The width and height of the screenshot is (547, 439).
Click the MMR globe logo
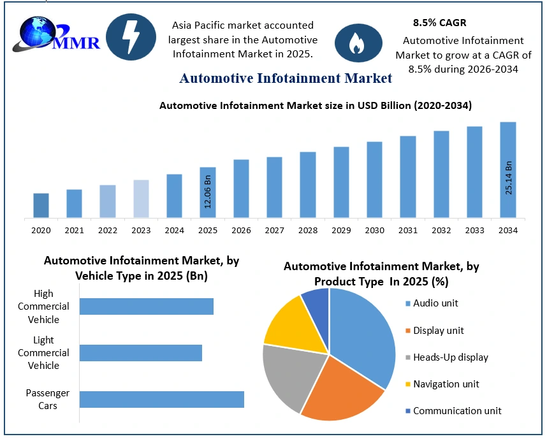tap(56, 34)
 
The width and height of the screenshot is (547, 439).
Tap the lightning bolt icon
tap(131, 36)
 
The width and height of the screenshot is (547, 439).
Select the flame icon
tap(358, 43)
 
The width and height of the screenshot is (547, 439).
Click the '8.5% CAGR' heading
tap(439, 23)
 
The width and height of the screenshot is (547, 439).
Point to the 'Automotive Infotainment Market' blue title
tap(286, 78)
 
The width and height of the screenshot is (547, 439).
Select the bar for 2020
tap(41, 205)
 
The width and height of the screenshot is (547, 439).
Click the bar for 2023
tap(141, 199)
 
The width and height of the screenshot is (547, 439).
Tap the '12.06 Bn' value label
tap(208, 192)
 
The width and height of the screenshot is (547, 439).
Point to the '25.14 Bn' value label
tap(508, 178)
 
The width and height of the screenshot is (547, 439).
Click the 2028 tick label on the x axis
tap(308, 231)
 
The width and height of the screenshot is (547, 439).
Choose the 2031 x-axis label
tap(408, 231)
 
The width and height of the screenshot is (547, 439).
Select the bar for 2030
tap(375, 180)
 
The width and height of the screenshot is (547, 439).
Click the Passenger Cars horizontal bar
tap(162, 399)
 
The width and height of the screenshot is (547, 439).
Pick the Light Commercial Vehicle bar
tap(141, 353)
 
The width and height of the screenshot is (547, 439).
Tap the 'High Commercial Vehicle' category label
tap(43, 306)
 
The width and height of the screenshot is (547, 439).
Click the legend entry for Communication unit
tap(453, 411)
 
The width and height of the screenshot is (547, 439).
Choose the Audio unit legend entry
tap(432, 303)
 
